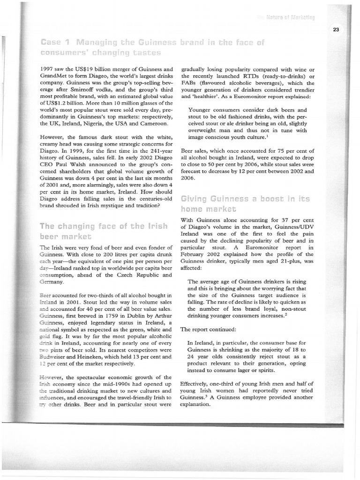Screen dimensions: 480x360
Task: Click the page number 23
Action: click(x=336, y=29)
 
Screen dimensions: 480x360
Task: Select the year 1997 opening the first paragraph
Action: click(x=49, y=69)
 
